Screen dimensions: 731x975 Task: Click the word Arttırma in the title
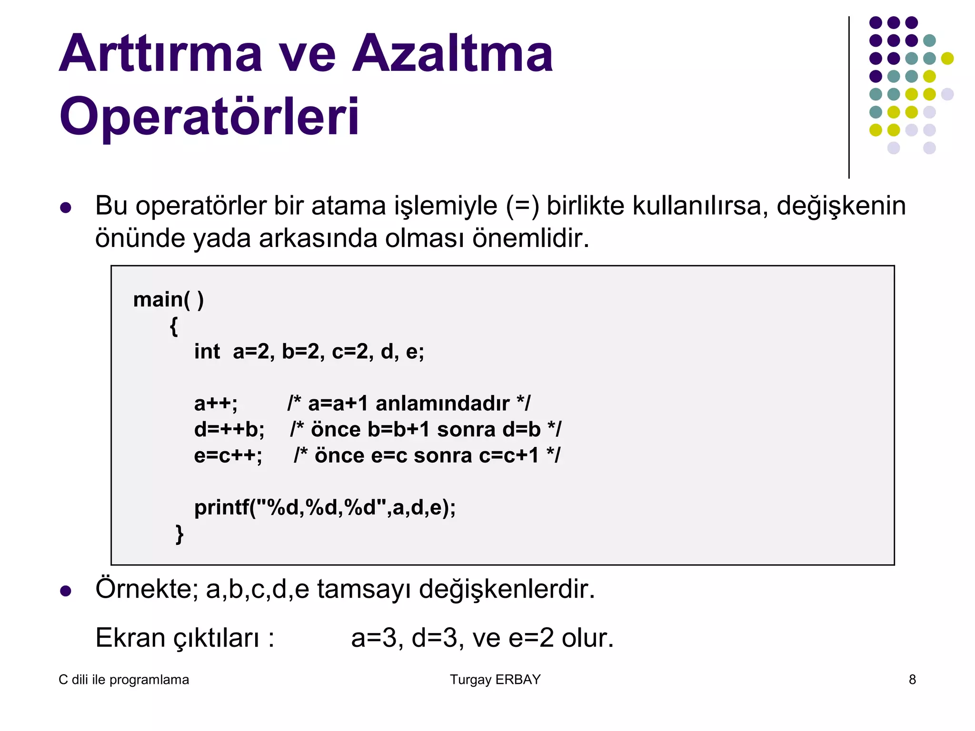pos(160,53)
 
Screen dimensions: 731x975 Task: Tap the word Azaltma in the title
pos(452,53)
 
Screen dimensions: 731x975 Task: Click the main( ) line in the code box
pos(169,300)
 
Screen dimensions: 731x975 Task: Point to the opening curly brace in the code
pos(174,326)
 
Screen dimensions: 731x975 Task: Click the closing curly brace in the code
pos(179,534)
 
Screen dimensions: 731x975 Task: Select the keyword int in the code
pos(207,352)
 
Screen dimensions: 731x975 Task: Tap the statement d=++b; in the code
pos(229,430)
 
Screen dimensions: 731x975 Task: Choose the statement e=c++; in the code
pos(228,456)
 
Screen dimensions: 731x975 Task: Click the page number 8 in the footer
pos(912,680)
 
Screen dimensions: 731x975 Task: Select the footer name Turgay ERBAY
pos(495,680)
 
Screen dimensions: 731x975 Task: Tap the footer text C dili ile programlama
pos(124,680)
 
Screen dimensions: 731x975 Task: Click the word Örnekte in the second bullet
pos(147,589)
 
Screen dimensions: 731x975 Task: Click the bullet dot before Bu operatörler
pos(66,208)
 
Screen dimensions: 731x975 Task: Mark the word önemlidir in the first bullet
pos(530,238)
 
